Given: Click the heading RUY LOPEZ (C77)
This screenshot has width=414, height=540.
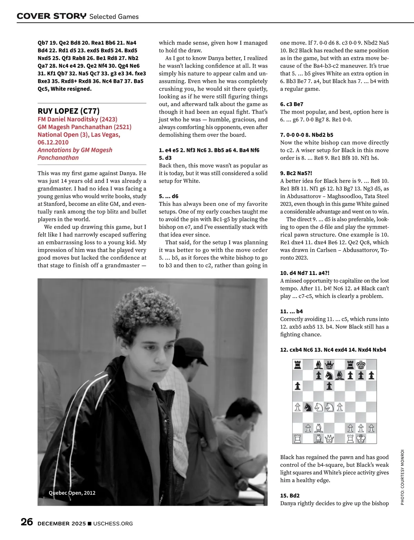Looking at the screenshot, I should tap(69, 111).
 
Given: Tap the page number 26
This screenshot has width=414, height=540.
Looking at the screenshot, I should tap(27, 522).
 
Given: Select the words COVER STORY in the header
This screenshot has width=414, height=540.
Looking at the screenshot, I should tap(51, 16).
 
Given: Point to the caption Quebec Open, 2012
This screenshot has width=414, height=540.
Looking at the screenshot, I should tap(72, 493).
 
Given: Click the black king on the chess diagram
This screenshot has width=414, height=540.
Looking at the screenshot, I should tap(361, 365).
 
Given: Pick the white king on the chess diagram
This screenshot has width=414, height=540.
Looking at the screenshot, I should tap(361, 439).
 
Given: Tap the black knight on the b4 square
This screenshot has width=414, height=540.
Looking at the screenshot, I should tap(308, 407).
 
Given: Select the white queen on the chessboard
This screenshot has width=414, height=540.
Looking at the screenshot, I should tap(329, 439).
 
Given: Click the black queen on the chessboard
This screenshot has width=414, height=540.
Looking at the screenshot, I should tap(329, 365).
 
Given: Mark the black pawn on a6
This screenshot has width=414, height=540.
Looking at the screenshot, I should tap(297, 386).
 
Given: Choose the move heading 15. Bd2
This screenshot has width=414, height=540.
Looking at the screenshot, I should tap(290, 495).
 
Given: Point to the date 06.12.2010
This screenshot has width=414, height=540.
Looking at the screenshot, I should tap(53, 142).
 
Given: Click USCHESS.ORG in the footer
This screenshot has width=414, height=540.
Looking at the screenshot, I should tap(113, 523).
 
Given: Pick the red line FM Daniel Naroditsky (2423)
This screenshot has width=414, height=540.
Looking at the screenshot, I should tap(77, 119).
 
